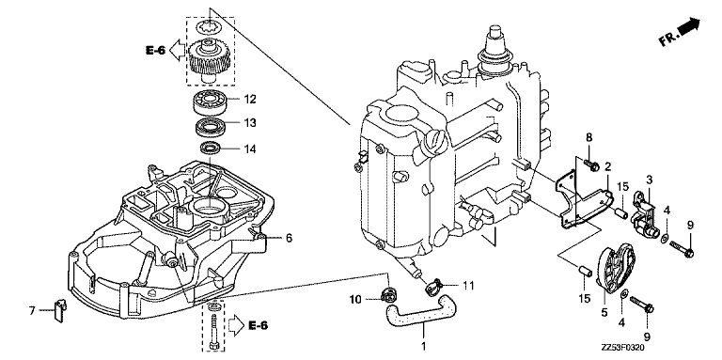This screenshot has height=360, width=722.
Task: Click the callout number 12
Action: [250, 99]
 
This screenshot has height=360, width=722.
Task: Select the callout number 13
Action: [250, 123]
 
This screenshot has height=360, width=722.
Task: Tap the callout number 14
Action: [250, 149]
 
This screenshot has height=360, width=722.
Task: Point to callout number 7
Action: [32, 311]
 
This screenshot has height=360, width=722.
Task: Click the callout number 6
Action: [289, 238]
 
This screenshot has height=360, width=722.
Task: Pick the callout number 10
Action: [355, 300]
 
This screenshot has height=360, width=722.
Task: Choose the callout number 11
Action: [468, 286]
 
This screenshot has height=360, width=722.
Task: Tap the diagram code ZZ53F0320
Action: [621, 348]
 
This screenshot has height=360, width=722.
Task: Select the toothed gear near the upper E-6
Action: [209, 58]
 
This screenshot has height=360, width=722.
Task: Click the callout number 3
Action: [649, 180]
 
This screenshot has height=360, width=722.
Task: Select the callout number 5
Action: [604, 313]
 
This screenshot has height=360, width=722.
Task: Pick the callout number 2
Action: [608, 166]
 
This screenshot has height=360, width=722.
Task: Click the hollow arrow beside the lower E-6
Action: [235, 325]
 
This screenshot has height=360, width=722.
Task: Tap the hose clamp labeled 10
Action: [389, 293]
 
